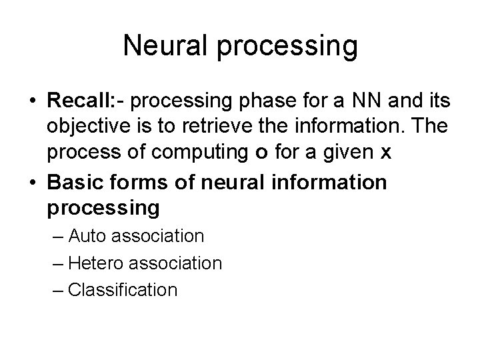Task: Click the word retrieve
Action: pyautogui.click(x=213, y=127)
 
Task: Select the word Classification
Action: pyautogui.click(x=123, y=290)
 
